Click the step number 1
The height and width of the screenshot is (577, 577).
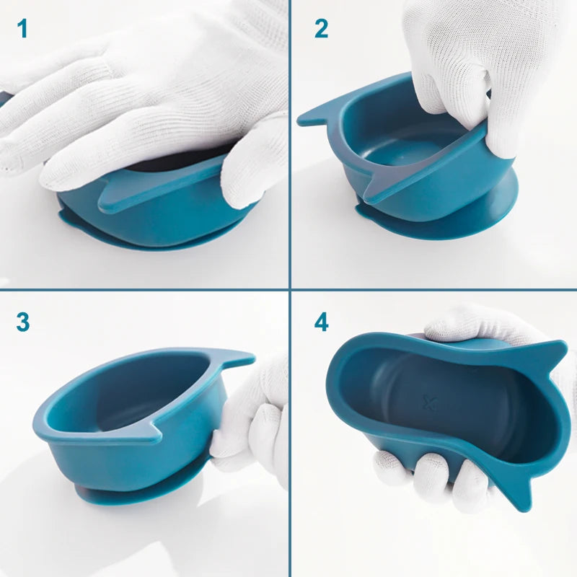(22, 29)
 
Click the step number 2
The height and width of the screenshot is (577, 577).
(321, 29)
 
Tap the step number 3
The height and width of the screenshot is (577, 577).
(23, 322)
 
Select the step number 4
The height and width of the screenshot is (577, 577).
(321, 322)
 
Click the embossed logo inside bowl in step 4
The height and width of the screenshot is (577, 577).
(429, 402)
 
